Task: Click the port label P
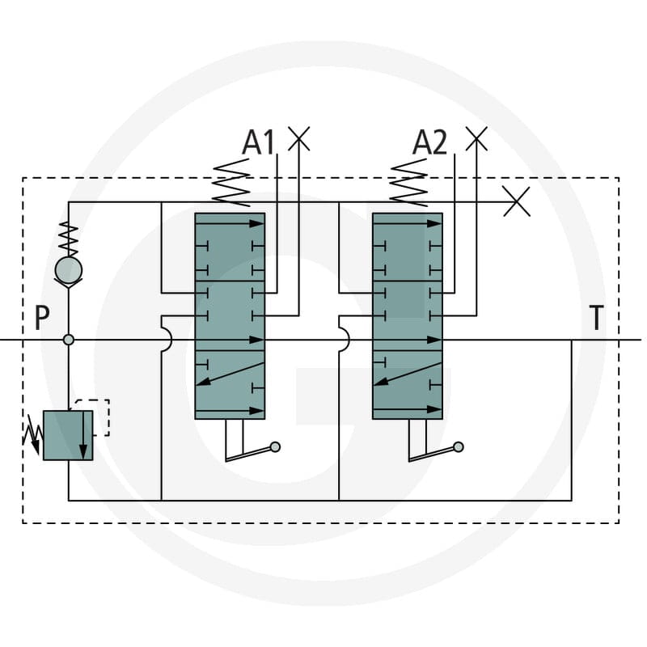42,317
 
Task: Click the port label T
596,317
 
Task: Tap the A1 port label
258,142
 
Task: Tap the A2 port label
429,142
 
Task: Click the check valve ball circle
69,270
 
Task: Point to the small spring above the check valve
69,239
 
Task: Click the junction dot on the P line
69,340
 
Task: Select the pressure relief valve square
68,435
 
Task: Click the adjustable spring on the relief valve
33,435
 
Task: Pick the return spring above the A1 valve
231,183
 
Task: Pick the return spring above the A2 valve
408,183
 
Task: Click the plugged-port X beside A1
298,138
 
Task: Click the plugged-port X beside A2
476,138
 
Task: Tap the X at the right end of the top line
517,201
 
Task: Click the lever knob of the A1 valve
275,447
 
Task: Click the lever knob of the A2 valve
458,447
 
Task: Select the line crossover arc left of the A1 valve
168,340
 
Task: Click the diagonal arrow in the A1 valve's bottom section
230,374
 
